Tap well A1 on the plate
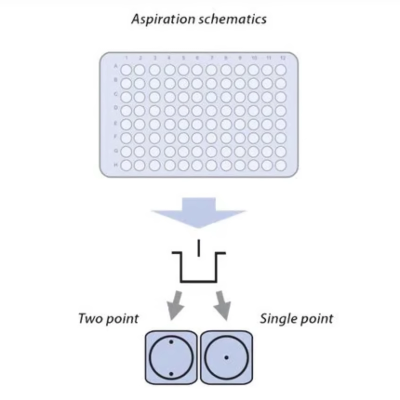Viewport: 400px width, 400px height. coord(126,70)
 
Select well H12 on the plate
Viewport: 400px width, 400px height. coord(281,165)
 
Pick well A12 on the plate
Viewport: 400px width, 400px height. coord(281,70)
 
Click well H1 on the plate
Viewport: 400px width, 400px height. coord(126,165)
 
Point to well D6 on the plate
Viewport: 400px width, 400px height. coord(197,111)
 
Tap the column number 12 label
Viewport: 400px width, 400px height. coord(282,58)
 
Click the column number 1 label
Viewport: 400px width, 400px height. coord(126,58)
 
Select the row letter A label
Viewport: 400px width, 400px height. coord(115,66)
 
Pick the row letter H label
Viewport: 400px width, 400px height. coord(116,165)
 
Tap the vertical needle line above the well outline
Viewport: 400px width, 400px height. coord(199,248)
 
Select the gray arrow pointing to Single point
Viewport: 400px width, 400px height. coord(223,305)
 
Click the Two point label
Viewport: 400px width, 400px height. coord(108,319)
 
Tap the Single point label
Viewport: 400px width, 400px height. coord(296,319)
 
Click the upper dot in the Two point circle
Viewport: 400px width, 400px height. coord(171,342)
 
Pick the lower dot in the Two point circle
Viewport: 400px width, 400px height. coord(171,374)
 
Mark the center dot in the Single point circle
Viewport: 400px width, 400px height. coord(226,358)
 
